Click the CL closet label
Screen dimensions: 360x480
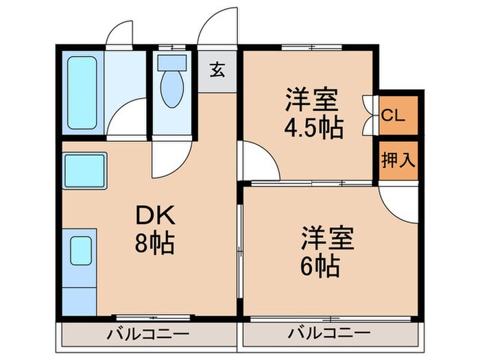(393, 115)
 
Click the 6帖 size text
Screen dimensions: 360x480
(321, 265)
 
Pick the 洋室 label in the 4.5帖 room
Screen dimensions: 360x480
(311, 100)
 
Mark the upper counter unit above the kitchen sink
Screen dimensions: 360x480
(84, 171)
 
